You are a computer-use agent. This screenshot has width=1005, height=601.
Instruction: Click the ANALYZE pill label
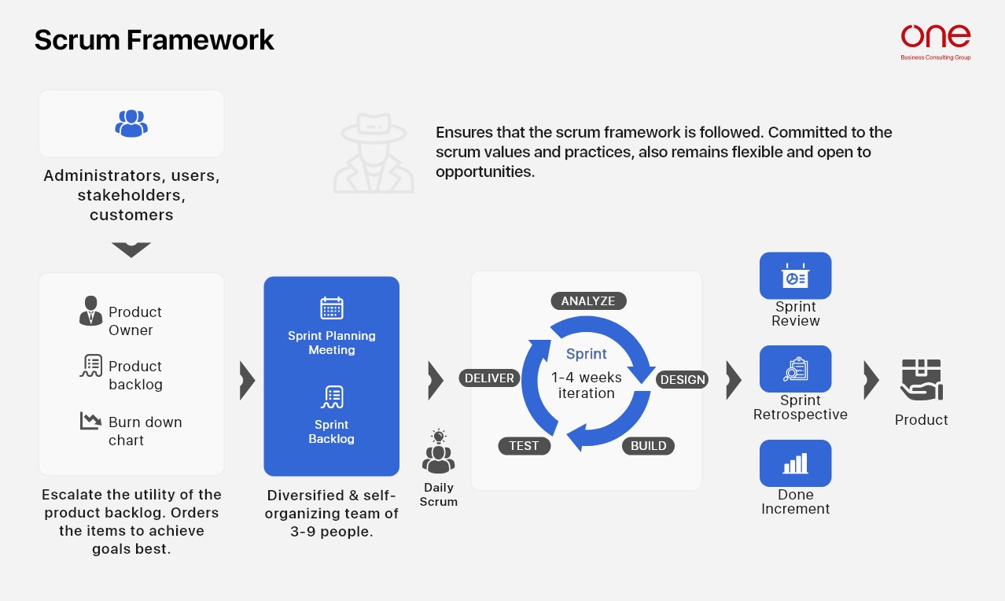pos(588,300)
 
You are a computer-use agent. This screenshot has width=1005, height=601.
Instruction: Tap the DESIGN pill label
pos(683,380)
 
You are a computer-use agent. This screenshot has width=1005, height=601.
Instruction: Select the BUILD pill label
pos(648,446)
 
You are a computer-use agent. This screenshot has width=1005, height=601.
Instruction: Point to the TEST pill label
pos(524,446)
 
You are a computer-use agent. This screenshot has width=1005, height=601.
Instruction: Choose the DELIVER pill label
pos(489,378)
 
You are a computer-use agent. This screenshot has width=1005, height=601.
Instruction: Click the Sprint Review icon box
pos(796,275)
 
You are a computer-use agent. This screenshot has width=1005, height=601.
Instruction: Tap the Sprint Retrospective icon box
pos(796,369)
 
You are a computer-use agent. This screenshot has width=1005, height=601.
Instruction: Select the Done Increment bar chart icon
pos(796,463)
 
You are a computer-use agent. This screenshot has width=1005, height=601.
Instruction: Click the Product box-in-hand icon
pos(922,380)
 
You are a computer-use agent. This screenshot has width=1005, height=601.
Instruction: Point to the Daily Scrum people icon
pos(438,452)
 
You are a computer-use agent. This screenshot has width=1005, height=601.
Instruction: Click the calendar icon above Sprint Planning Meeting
pos(332,308)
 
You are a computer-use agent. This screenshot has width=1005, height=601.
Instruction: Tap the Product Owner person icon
pos(90,311)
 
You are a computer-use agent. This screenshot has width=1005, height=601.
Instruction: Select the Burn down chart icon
pos(90,421)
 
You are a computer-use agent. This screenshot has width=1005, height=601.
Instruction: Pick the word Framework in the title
pos(200,40)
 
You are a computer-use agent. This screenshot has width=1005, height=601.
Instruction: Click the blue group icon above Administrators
pos(131,124)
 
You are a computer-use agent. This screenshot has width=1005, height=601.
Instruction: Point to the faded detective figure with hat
pos(374,153)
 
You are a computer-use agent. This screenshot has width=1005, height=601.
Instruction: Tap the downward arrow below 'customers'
pos(131,250)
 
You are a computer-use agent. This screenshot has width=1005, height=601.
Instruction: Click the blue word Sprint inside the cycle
pos(587,354)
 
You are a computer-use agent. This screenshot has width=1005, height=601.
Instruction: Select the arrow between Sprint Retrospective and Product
pos(871,380)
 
